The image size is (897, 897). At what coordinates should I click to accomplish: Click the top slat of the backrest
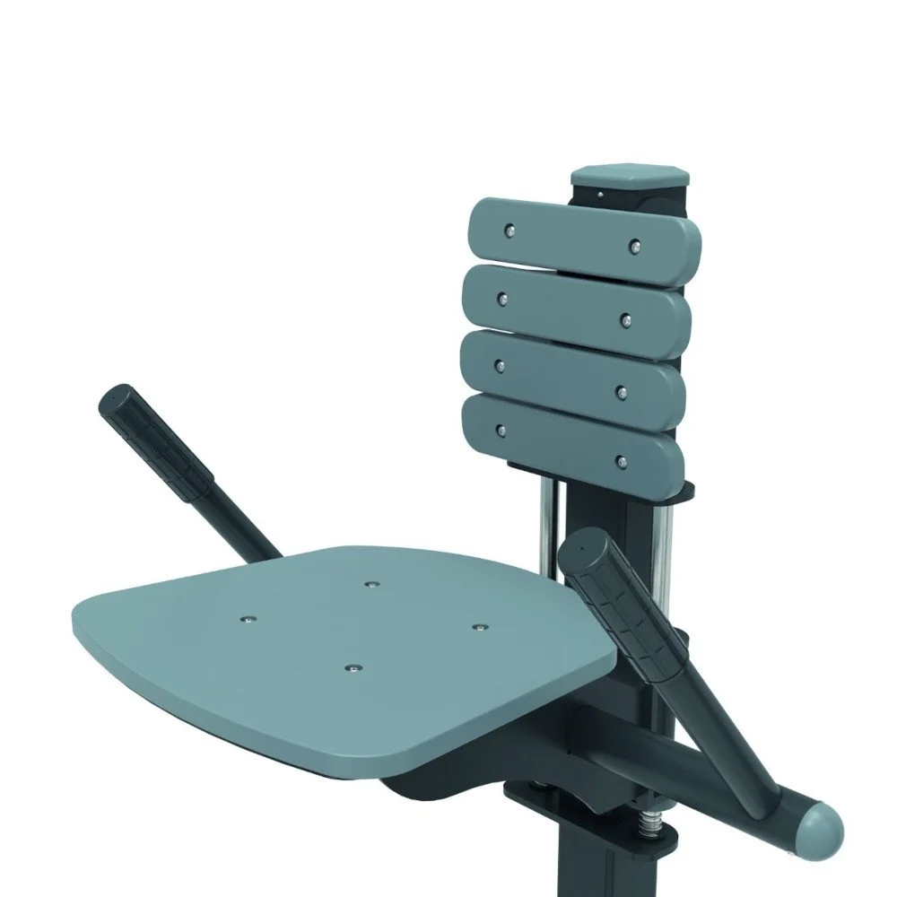pos(574,234)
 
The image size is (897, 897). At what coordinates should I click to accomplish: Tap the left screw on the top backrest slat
pos(510,231)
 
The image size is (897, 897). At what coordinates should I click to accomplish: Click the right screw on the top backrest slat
pos(635,244)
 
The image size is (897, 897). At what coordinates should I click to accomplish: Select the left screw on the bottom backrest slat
pos(500,431)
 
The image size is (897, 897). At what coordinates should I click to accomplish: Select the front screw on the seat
pos(353,666)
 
